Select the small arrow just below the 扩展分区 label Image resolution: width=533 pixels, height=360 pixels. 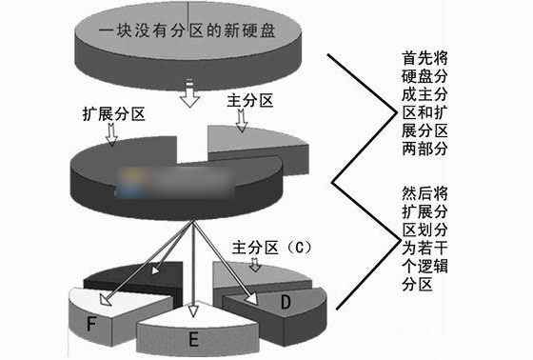(x=112, y=136)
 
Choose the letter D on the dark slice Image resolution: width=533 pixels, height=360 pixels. (x=285, y=304)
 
